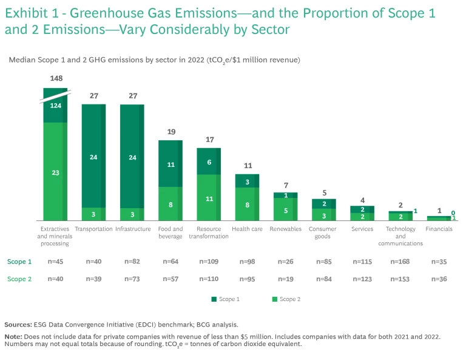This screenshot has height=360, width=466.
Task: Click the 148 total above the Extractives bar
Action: pyautogui.click(x=55, y=78)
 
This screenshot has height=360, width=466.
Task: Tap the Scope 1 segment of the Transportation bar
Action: pyautogui.click(x=93, y=156)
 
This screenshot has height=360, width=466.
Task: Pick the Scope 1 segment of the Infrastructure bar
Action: pyautogui.click(x=132, y=157)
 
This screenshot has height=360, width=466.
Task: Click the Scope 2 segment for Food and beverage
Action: pyautogui.click(x=170, y=204)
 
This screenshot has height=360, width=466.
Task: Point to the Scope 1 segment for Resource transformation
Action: pyautogui.click(x=208, y=161)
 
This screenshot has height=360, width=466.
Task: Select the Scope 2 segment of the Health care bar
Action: pyautogui.click(x=247, y=204)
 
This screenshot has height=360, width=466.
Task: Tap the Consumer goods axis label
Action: pyautogui.click(x=323, y=233)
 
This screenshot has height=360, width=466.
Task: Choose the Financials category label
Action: pyautogui.click(x=439, y=229)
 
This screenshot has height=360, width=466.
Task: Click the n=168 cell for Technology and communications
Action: pyautogui.click(x=400, y=262)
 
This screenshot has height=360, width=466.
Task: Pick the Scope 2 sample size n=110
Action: pyautogui.click(x=209, y=279)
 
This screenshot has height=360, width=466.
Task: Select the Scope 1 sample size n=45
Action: pyautogui.click(x=55, y=262)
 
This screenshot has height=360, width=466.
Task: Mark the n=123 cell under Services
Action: pyautogui.click(x=362, y=279)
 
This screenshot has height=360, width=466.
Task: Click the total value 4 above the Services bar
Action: pyautogui.click(x=362, y=200)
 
